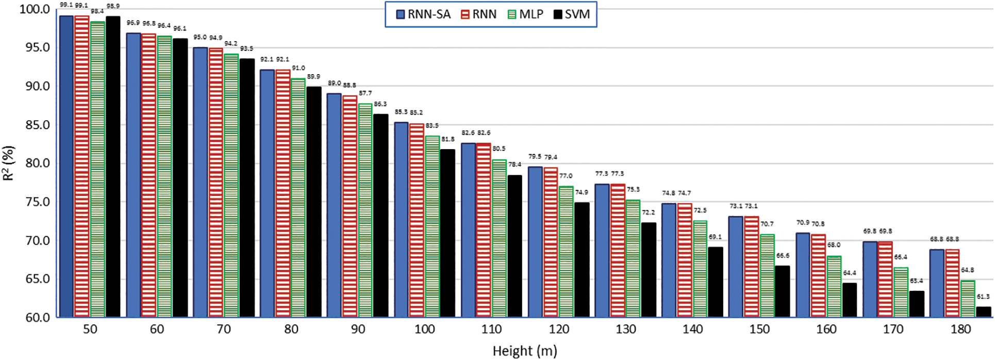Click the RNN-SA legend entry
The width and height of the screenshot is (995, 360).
(423, 14)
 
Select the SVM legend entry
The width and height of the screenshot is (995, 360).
(571, 14)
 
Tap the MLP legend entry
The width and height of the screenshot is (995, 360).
(525, 14)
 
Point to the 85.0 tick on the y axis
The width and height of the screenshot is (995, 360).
(35, 125)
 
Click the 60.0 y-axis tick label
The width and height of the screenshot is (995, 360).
(35, 318)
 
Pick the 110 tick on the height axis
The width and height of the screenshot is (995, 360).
(491, 330)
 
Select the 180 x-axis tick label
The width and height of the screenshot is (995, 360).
(960, 330)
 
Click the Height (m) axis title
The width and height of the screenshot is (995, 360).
(524, 351)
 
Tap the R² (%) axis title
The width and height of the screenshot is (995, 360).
(8, 163)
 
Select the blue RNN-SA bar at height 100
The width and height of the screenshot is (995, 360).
(401, 219)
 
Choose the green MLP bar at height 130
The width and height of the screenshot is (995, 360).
(633, 258)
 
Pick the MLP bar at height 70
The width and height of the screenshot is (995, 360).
(231, 185)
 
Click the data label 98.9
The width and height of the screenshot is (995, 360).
(113, 6)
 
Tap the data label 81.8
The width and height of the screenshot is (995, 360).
(447, 139)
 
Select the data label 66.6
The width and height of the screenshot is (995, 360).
(783, 256)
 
